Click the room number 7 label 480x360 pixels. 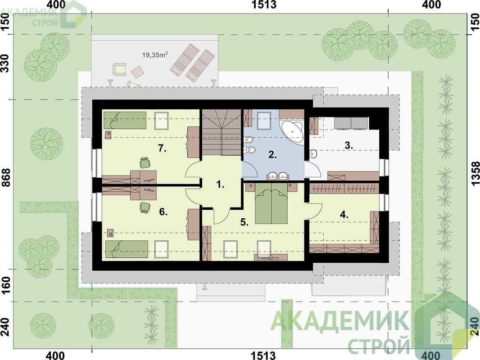(162, 148)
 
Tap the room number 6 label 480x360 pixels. (163, 211)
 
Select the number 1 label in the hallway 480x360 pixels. (220, 184)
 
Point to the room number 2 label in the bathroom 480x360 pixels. (272, 155)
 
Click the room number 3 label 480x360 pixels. (349, 146)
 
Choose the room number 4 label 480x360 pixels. (344, 215)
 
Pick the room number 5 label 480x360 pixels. (244, 223)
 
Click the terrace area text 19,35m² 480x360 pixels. (155, 55)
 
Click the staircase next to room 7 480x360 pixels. (221, 133)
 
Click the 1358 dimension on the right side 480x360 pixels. (475, 173)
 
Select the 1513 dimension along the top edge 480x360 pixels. (264, 4)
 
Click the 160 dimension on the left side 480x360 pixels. (6, 285)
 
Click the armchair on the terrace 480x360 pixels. (120, 69)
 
